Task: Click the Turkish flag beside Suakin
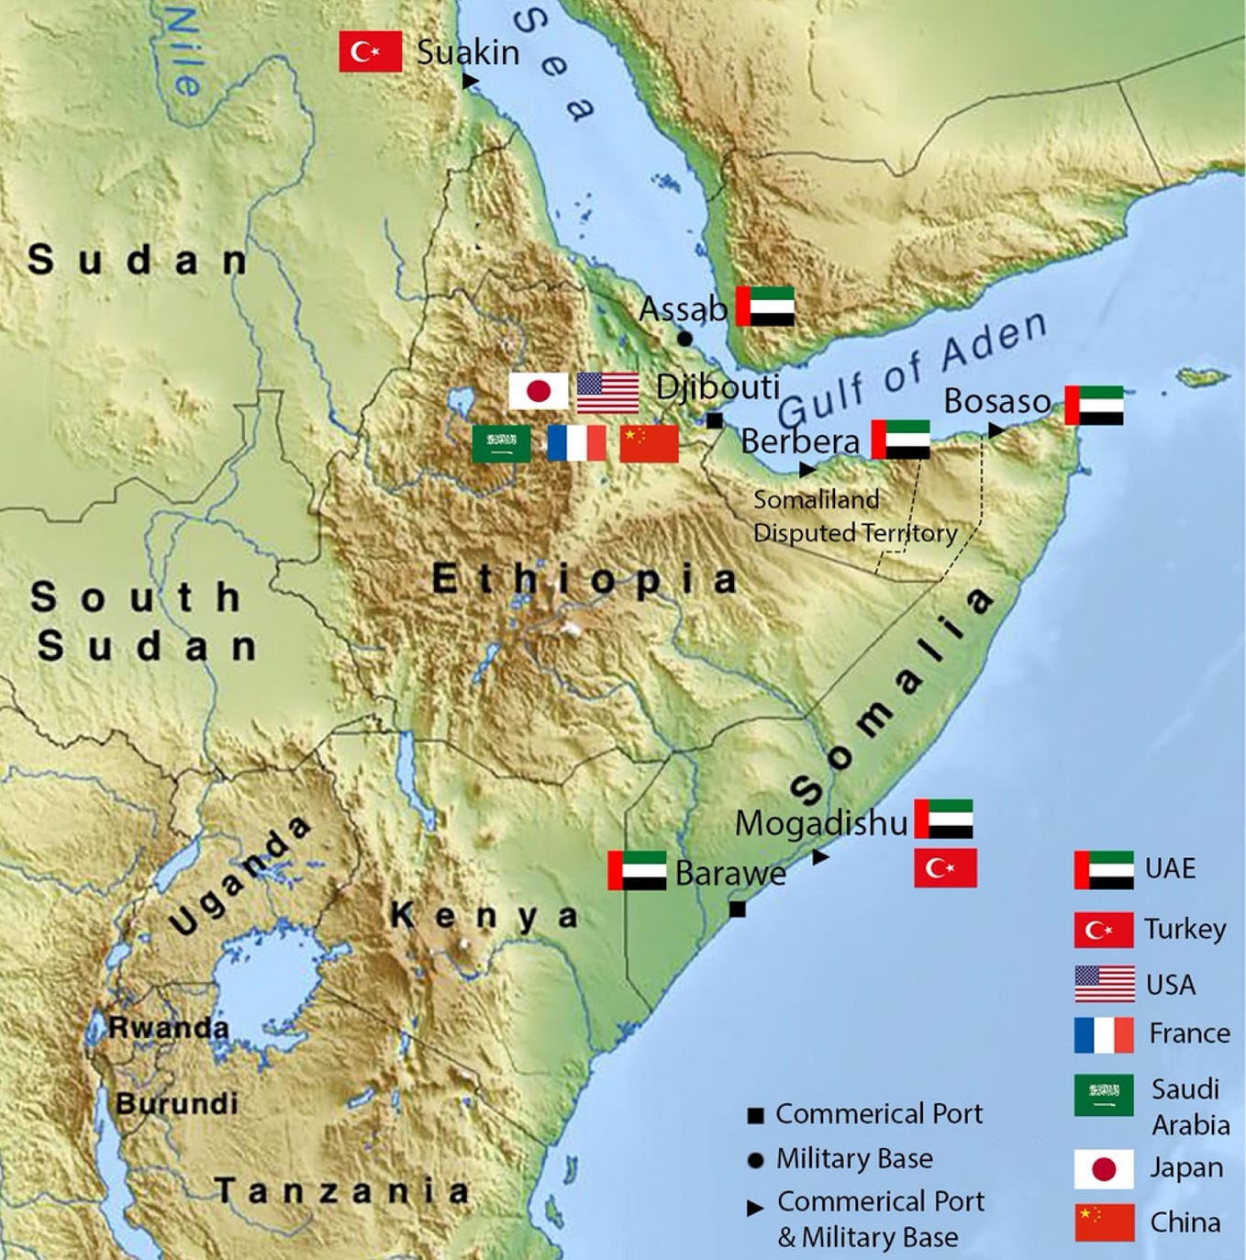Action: click(x=370, y=51)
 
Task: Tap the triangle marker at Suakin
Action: click(x=471, y=81)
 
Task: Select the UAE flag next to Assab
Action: click(x=765, y=307)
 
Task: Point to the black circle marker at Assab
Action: click(x=684, y=339)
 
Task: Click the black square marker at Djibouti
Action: click(x=715, y=421)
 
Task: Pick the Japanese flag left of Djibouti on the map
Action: click(x=539, y=392)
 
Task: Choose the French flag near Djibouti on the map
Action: click(x=576, y=443)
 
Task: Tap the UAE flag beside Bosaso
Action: click(x=1094, y=406)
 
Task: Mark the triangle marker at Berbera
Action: click(x=807, y=470)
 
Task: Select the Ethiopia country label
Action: click(x=584, y=579)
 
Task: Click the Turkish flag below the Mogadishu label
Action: click(x=945, y=868)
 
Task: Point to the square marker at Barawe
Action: click(x=737, y=909)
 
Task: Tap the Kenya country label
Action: click(x=484, y=915)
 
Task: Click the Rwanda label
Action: click(x=168, y=1028)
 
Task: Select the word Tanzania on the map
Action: click(x=342, y=1190)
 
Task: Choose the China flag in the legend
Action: click(x=1104, y=1222)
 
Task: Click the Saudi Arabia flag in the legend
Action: click(x=1104, y=1095)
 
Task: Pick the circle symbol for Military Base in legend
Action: click(x=756, y=1160)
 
